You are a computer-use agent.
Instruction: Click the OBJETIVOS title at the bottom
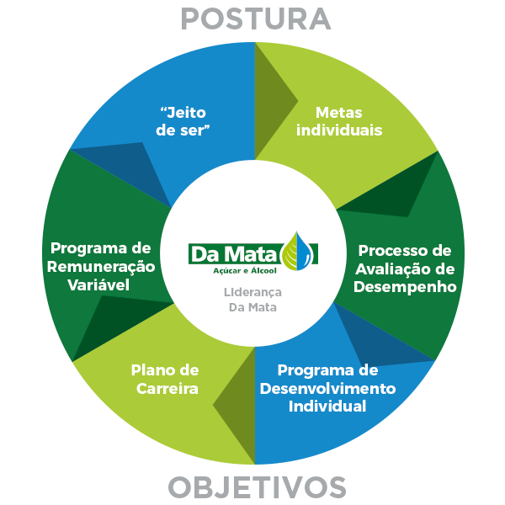click(256, 486)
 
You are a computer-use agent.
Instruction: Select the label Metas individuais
click(339, 121)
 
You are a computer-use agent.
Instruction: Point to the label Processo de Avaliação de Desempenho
click(406, 268)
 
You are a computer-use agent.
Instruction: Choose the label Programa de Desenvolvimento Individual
click(327, 388)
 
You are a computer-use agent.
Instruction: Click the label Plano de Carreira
click(165, 379)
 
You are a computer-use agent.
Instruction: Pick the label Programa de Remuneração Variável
click(100, 266)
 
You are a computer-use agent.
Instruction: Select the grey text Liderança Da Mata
click(252, 299)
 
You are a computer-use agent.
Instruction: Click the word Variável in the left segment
click(100, 284)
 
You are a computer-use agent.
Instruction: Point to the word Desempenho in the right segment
click(406, 287)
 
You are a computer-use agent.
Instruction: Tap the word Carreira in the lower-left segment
click(165, 389)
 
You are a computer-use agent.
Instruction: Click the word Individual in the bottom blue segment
click(327, 407)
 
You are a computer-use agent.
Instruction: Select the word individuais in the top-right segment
click(339, 130)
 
